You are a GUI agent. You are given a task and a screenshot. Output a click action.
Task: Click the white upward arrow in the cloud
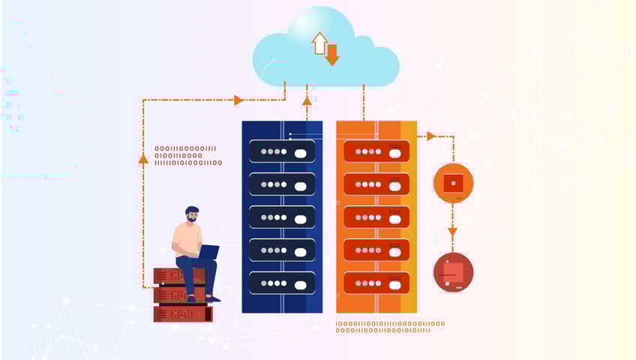[319, 42]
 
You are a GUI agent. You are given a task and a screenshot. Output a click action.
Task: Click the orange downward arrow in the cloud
[332, 54]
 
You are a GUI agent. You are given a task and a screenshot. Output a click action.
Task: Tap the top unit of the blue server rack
[282, 151]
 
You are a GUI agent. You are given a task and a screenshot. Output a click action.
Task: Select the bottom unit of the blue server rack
[282, 283]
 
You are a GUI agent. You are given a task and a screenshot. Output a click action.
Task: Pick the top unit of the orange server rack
[376, 151]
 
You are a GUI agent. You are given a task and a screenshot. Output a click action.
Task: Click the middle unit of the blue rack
[282, 217]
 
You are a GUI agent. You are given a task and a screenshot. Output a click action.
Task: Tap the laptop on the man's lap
[208, 252]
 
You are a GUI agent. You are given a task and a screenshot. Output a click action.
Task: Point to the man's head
[192, 214]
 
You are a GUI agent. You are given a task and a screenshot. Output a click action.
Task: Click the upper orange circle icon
[453, 183]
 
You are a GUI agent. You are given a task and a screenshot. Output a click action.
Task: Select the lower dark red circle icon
[453, 271]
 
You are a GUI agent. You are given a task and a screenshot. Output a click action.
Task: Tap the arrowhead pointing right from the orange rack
[431, 136]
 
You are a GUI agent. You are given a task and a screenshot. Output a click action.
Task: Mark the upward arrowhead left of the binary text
[143, 158]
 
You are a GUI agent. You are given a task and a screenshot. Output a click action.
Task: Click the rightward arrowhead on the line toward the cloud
[238, 100]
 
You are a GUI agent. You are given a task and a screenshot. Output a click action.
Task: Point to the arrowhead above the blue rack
[306, 100]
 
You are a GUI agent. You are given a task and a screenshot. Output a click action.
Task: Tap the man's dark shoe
[212, 298]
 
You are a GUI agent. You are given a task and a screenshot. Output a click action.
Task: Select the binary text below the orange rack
[390, 327]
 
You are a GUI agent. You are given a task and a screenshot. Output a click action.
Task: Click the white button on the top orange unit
[394, 152]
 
